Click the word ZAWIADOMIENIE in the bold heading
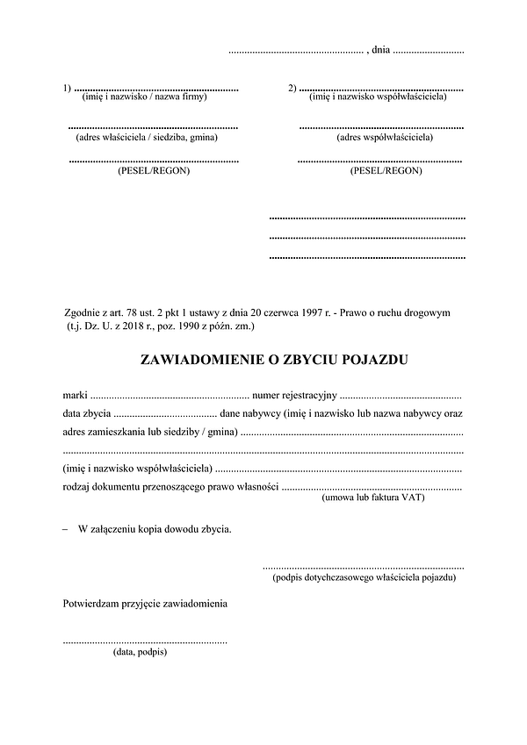204,359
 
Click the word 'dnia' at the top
380,50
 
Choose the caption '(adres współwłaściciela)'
386,137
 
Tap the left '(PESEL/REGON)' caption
153,170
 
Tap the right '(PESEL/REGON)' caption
386,170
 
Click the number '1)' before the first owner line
68,87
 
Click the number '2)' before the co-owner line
292,87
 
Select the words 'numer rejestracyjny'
294,391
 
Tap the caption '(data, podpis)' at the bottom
141,652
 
